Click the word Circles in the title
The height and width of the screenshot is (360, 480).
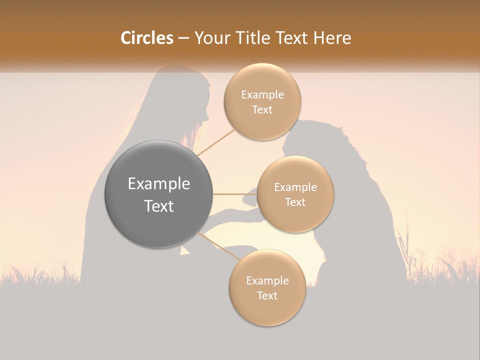(146, 38)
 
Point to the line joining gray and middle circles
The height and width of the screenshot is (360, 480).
(235, 194)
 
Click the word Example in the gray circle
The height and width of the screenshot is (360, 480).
(159, 184)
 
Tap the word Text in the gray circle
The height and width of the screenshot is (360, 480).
(159, 206)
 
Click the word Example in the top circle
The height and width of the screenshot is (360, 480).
(262, 95)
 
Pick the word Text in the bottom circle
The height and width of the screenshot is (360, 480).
(267, 295)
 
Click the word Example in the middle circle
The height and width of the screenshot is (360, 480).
(295, 187)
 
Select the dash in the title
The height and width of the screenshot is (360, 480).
(183, 38)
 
